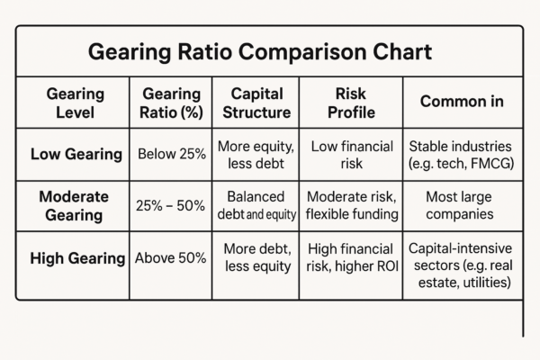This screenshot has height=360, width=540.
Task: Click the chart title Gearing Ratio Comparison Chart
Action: [x=260, y=51]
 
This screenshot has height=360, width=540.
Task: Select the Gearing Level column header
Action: [x=76, y=103]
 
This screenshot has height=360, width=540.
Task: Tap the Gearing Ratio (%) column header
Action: [x=171, y=103]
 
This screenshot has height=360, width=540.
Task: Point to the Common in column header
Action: [x=461, y=102]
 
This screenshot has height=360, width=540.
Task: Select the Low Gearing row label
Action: [x=76, y=154]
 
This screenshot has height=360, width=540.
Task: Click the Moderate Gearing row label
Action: [x=76, y=205]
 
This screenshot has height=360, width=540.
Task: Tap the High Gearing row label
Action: [x=77, y=258]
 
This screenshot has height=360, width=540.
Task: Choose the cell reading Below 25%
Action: [x=171, y=154]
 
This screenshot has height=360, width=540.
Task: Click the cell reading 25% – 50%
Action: [x=171, y=206]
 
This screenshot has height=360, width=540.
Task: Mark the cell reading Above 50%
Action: [x=171, y=258]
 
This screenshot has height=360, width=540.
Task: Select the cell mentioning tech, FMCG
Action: [x=461, y=154]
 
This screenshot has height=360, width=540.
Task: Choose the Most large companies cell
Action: [x=461, y=205]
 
